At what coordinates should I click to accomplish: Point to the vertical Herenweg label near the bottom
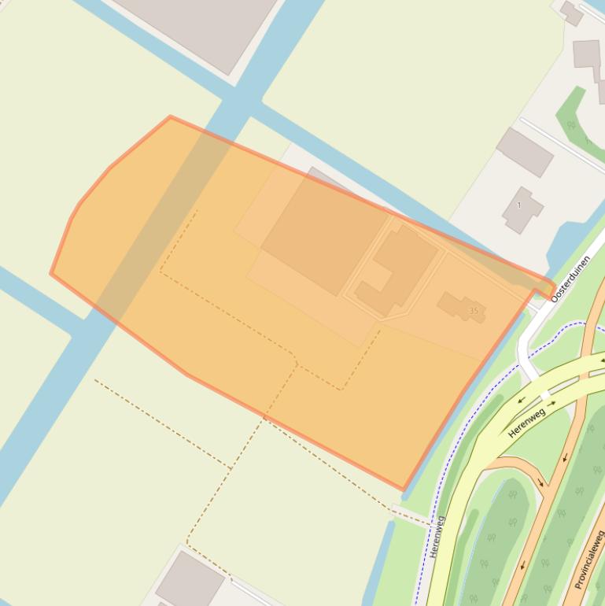coord(437,536)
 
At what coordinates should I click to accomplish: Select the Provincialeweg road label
coord(588,560)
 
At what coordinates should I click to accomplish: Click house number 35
coord(474,311)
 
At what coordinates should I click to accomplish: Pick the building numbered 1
coord(521,209)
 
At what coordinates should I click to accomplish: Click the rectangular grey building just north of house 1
coord(525,152)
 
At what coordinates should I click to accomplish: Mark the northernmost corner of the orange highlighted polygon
coord(170,117)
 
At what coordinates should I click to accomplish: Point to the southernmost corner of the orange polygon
coord(404,490)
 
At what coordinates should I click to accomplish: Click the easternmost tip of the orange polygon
coord(555,286)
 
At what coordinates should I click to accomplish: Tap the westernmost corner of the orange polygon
coord(51,274)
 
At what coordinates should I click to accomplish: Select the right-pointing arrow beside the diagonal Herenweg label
coord(552,404)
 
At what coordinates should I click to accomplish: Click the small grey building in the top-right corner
coord(571,13)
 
